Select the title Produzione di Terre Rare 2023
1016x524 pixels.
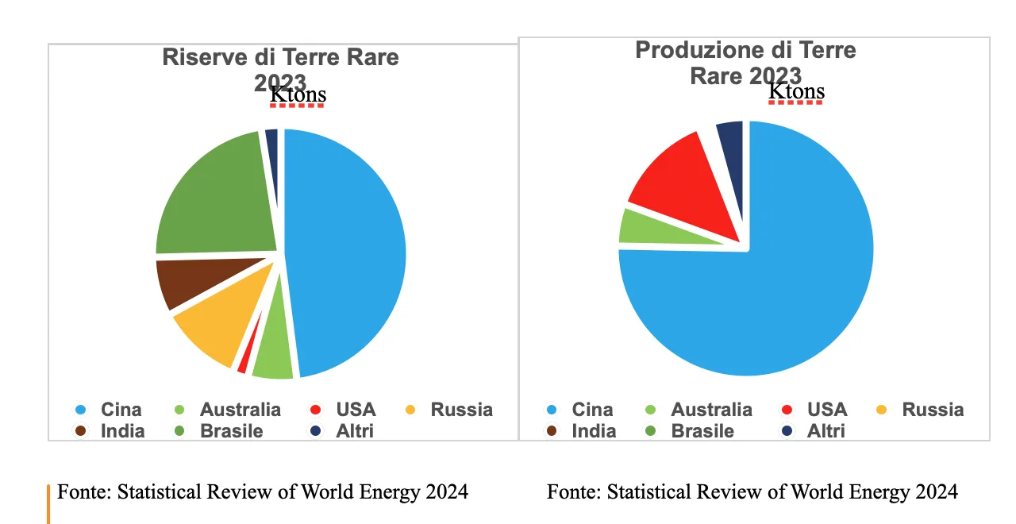[745, 62]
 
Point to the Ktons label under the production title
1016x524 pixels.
[796, 92]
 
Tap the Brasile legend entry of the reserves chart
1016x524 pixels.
[231, 431]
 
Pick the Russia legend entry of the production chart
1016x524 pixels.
[932, 410]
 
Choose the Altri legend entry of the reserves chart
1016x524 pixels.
[354, 431]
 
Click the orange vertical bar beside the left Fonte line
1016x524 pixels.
[48, 503]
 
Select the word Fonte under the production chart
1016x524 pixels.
[573, 492]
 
